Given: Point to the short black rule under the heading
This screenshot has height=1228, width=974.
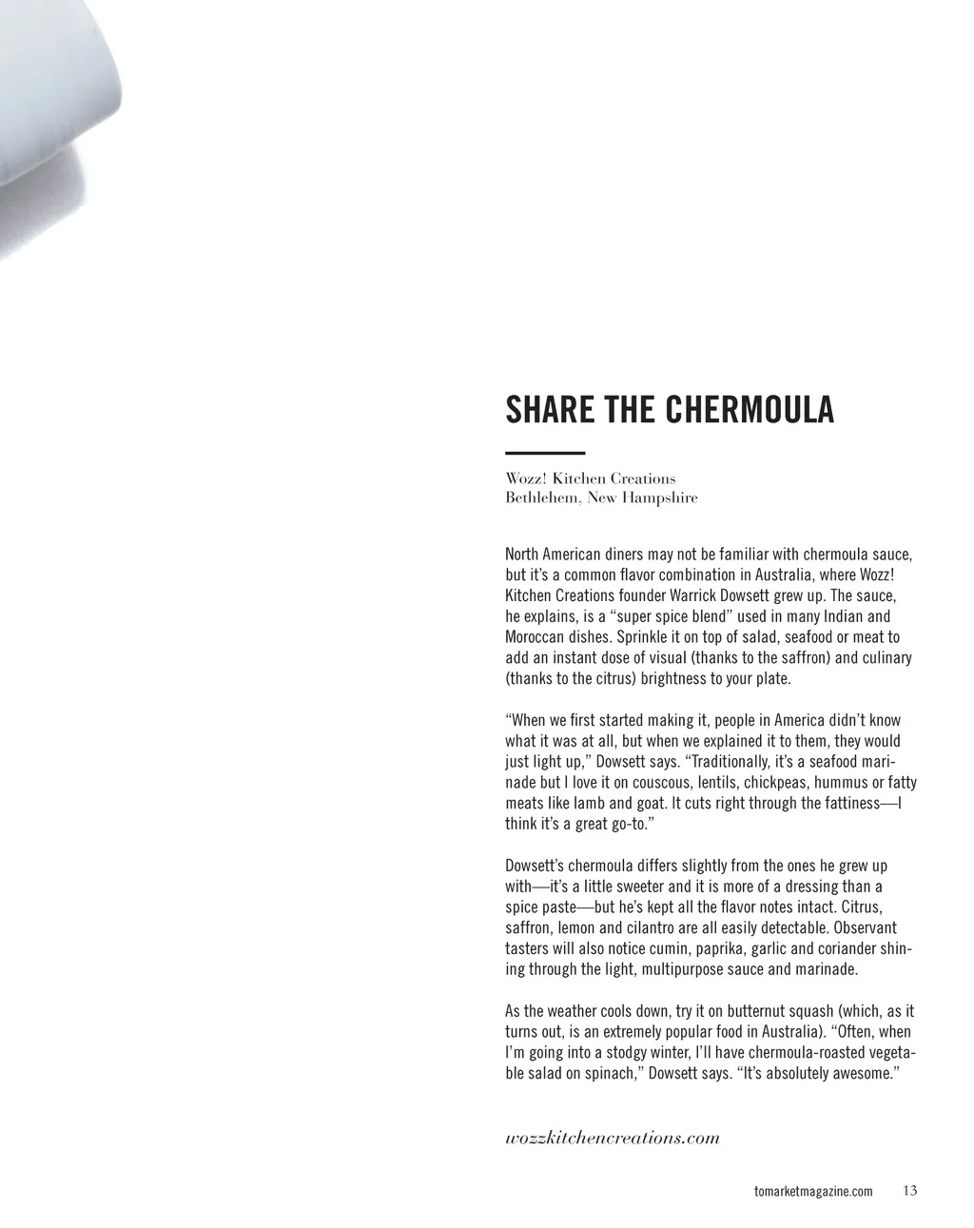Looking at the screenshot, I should point(545,453).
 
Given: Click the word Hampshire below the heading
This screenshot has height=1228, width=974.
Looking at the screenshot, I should point(660,498).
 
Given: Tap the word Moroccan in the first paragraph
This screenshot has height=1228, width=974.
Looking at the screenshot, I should point(536,637).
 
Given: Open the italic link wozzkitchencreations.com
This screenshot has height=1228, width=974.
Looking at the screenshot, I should point(613,1139).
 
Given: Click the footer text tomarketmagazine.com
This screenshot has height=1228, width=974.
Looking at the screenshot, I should point(812,1192).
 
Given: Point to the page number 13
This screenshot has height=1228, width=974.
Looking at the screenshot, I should point(910,1191).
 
